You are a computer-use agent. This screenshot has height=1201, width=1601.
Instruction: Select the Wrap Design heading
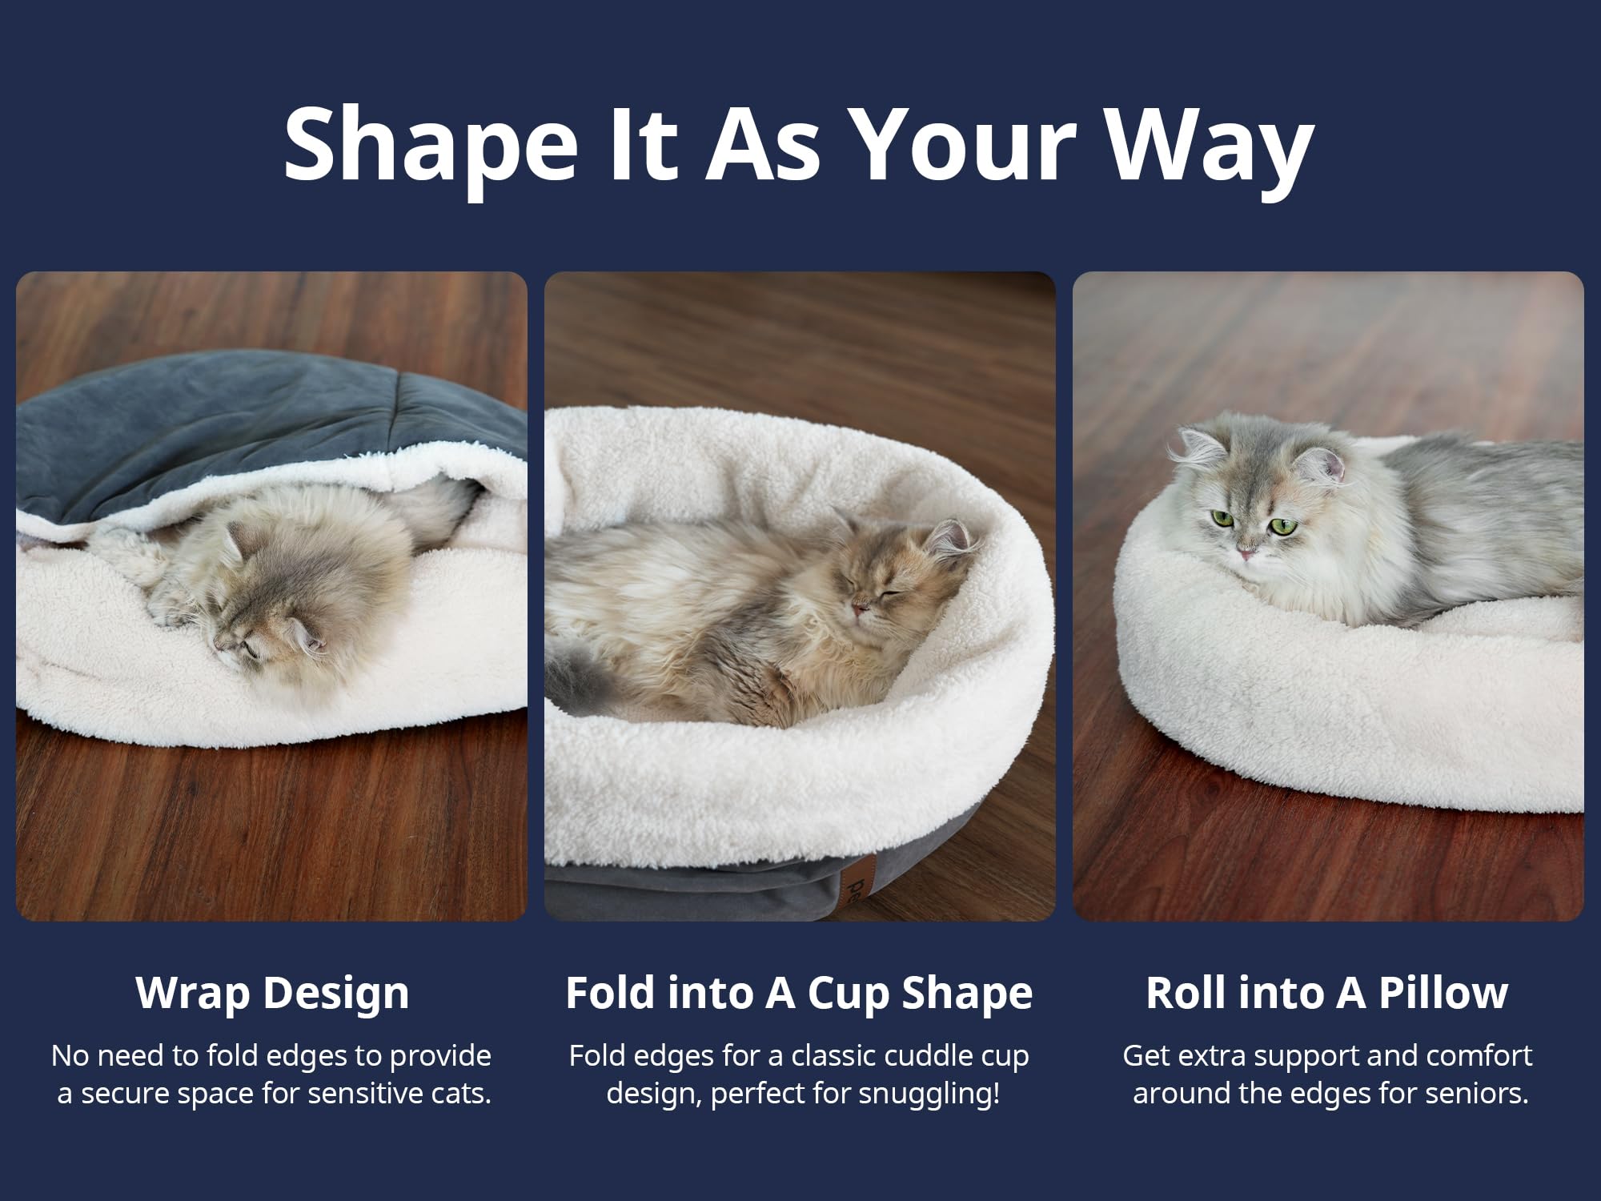(x=272, y=993)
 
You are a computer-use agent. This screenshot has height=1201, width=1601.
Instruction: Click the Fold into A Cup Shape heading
(x=799, y=993)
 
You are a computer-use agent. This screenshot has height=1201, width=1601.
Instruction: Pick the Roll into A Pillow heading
(x=1327, y=993)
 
